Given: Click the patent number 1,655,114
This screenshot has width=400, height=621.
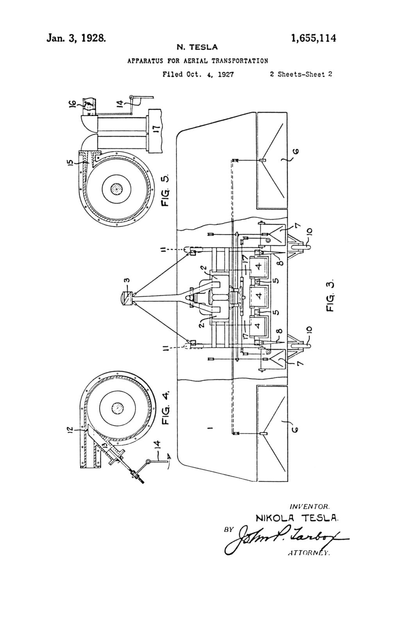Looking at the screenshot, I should point(313,38).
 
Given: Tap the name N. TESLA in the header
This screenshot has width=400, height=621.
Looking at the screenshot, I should point(197,47).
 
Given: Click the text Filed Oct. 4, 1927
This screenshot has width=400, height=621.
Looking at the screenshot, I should point(198,74).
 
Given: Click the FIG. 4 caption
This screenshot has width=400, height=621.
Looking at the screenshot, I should point(166,407).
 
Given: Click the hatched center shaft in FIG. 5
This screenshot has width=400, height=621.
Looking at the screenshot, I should point(116,189).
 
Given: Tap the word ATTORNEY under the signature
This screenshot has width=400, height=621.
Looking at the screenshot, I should point(309,553).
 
